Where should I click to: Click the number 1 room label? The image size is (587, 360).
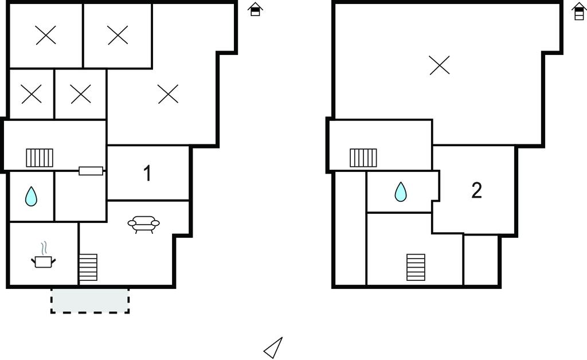pos(147,173)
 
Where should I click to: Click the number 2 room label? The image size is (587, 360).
pos(476,190)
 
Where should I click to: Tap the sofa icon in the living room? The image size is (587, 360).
pos(143,224)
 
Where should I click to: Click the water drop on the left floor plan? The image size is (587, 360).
pos(31,197)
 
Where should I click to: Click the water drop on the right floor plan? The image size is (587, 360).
pos(401,192)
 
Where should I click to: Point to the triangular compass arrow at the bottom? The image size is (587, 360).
pos(273,348)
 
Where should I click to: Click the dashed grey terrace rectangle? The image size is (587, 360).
pos(90,300)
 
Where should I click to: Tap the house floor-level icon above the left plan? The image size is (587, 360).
pos(255,9)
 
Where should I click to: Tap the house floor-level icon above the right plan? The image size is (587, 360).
pos(579,11)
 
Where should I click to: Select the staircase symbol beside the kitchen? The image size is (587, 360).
pos(88,267)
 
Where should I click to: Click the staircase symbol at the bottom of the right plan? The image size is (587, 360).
pos(416,267)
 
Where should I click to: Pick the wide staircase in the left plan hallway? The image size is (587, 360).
pos(40,158)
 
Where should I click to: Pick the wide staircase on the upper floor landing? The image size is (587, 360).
pos(363,158)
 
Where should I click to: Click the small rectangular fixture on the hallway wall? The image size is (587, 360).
pos(91,171)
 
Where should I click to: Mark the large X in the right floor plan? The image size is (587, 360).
pos(440,65)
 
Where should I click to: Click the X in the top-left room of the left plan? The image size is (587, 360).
pos(46,35)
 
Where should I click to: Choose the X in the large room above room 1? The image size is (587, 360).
pos(168,94)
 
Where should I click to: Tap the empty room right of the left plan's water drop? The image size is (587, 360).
pos(80,197)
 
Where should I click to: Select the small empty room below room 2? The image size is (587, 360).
pos(481,260)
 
